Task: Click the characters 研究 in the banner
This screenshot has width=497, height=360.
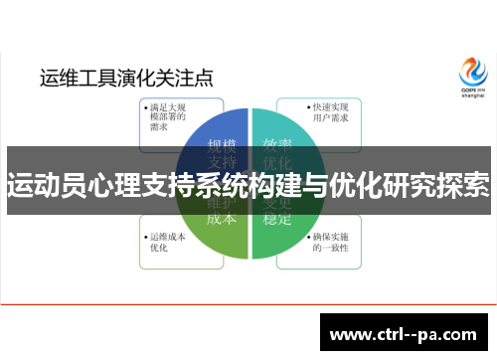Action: [400, 184]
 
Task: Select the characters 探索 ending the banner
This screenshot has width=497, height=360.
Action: [459, 184]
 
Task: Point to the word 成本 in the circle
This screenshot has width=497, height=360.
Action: [221, 216]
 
